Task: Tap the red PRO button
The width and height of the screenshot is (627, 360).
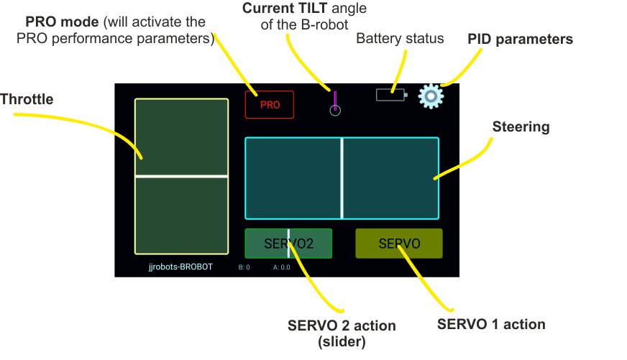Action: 270,105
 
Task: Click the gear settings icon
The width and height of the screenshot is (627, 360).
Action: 430,96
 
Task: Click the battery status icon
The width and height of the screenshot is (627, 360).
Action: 391,94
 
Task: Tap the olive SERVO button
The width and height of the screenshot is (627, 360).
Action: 399,244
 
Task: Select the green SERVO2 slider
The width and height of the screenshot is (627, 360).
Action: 288,244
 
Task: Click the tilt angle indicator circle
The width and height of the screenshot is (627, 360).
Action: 334,110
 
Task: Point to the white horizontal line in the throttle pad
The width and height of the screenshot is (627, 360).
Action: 182,175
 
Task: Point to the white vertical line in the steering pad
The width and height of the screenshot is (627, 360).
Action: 342,177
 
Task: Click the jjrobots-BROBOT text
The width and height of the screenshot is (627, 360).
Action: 180,267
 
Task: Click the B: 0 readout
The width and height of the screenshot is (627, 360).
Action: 244,267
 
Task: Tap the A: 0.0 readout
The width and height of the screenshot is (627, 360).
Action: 282,267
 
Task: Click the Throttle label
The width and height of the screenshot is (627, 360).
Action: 27,100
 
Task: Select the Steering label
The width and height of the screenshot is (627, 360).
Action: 521,127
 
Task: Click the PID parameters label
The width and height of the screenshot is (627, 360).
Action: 520,39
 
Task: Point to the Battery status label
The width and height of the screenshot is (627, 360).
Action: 400,38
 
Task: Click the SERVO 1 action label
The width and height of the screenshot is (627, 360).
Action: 491,324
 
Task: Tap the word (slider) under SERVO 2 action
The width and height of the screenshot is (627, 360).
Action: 342,343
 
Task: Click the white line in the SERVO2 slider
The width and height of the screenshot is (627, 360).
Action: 288,244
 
